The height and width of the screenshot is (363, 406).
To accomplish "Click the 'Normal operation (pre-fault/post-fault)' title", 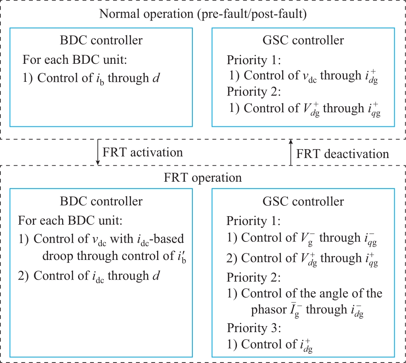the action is [203, 14].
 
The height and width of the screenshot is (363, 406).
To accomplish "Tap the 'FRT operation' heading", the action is [203, 178].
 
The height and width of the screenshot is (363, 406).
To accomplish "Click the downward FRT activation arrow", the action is [98, 152].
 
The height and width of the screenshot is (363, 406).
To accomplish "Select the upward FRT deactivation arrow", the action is [291, 152].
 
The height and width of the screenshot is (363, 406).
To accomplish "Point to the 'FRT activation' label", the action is [143, 152].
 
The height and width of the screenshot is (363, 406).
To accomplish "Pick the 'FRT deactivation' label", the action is [343, 154].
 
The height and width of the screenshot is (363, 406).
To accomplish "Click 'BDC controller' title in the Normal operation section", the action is [101, 40].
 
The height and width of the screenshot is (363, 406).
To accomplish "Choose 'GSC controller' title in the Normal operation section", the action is [303, 40].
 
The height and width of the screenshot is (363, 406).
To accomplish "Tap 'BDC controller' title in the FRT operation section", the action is [101, 201].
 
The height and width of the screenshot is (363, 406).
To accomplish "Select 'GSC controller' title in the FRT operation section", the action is [303, 201].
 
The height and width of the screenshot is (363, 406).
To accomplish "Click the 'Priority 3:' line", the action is [254, 328].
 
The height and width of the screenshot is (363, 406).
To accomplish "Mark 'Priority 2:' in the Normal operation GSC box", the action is [254, 92].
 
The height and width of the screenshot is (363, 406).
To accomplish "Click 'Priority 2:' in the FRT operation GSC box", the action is [253, 278].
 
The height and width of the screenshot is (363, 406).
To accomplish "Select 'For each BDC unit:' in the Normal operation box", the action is [75, 60].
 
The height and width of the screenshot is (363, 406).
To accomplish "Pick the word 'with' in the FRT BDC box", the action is [122, 239].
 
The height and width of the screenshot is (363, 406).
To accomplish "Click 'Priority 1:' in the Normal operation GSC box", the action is [254, 60].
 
